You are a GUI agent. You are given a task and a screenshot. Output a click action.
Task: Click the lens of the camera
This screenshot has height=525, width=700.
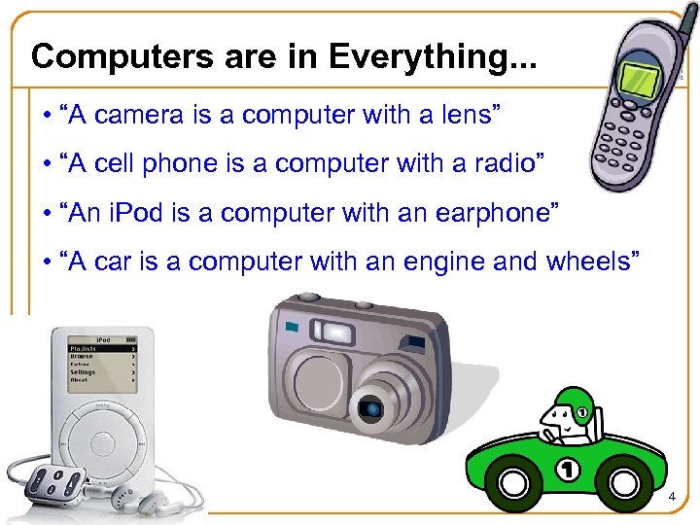[373, 405]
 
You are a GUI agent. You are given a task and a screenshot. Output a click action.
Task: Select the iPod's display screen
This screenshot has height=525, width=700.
[101, 362]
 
